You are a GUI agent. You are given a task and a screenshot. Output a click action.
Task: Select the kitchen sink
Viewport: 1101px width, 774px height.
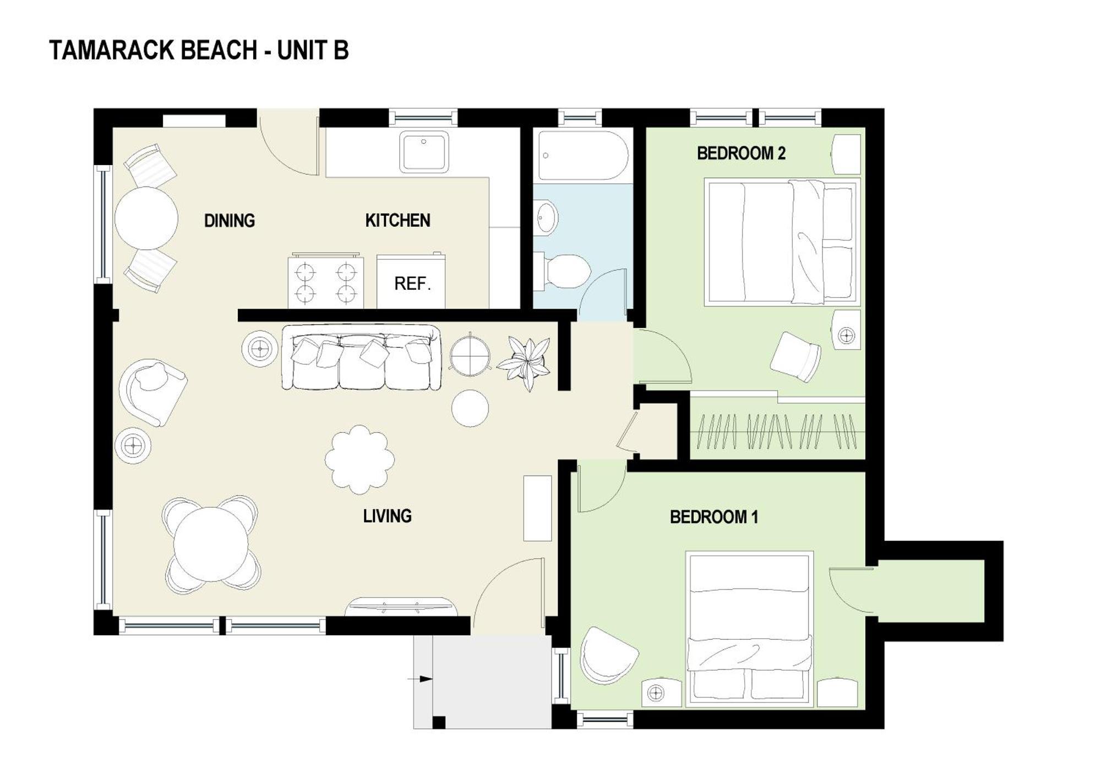pos(423,151)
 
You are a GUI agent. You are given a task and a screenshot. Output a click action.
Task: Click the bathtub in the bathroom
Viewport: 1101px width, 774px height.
pos(582,155)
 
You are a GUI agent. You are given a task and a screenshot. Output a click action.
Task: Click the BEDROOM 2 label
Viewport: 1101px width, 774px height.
pos(741,153)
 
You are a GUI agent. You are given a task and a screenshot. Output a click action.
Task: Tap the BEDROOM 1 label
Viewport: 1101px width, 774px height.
pos(713,517)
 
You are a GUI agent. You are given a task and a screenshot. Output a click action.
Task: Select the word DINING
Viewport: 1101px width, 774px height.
pos(230,221)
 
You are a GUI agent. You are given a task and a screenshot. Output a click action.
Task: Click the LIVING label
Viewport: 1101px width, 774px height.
pos(387,516)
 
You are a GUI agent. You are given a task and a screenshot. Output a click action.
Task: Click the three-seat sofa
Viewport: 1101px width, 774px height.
pos(361,358)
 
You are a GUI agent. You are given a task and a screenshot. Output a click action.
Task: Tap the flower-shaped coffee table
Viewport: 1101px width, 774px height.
pos(359,459)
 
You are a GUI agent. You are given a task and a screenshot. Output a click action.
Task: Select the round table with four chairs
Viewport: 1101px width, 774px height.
pos(211,545)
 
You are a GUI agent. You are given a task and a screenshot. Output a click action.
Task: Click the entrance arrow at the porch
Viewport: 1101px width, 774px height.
pos(422,679)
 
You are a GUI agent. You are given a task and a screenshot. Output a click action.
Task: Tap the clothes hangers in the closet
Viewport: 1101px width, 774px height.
pos(777,431)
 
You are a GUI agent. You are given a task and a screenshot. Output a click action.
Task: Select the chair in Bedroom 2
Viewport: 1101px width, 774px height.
pos(795,356)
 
